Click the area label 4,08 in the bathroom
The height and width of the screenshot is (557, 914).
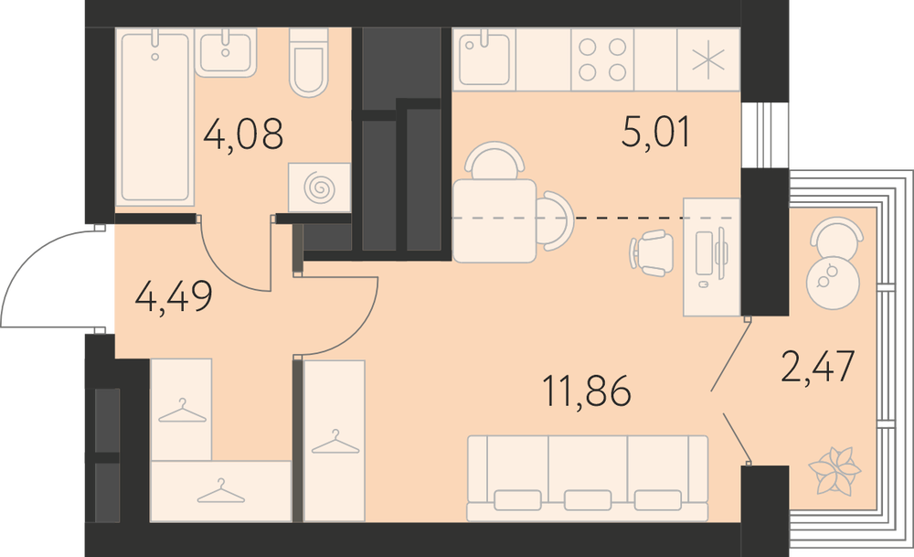click(x=244, y=133)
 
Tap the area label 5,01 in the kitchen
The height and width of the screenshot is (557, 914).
click(x=656, y=131)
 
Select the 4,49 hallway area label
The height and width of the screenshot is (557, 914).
click(x=174, y=296)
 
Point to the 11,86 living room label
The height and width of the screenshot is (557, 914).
click(x=587, y=391)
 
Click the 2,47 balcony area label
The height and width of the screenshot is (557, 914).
click(x=817, y=366)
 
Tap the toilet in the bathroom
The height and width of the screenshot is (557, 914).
click(x=308, y=62)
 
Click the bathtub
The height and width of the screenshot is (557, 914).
click(x=155, y=117)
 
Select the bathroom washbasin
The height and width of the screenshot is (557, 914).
click(x=226, y=52)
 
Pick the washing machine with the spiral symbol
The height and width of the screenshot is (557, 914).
click(x=319, y=187)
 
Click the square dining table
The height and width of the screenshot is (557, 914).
click(x=494, y=221)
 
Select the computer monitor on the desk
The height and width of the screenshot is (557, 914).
click(x=723, y=253)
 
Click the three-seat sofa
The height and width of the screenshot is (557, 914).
click(x=588, y=478)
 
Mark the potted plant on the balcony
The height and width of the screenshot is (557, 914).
click(x=834, y=470)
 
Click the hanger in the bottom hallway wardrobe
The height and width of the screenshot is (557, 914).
click(x=221, y=491)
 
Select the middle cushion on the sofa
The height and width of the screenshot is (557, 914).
click(x=588, y=500)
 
